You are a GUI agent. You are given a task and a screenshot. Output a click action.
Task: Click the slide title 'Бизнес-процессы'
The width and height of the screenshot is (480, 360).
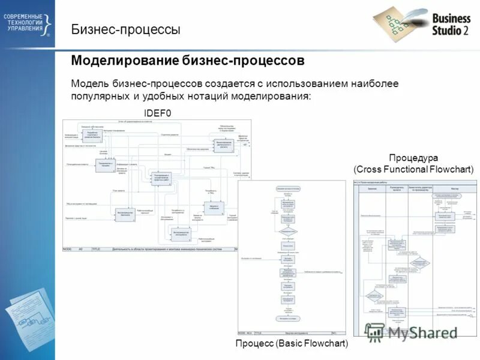[125, 29]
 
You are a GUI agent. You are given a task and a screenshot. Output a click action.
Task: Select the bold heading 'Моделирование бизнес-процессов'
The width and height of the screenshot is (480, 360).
[188, 61]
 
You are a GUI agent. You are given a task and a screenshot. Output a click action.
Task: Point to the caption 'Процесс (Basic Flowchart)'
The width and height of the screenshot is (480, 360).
[292, 344]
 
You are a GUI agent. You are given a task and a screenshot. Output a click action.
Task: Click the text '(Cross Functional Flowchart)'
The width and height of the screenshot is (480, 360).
[413, 169]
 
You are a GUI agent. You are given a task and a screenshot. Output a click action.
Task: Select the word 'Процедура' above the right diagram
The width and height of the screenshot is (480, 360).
[413, 158]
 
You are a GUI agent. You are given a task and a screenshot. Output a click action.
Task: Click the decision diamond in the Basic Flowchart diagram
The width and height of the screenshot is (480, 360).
[288, 230]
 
